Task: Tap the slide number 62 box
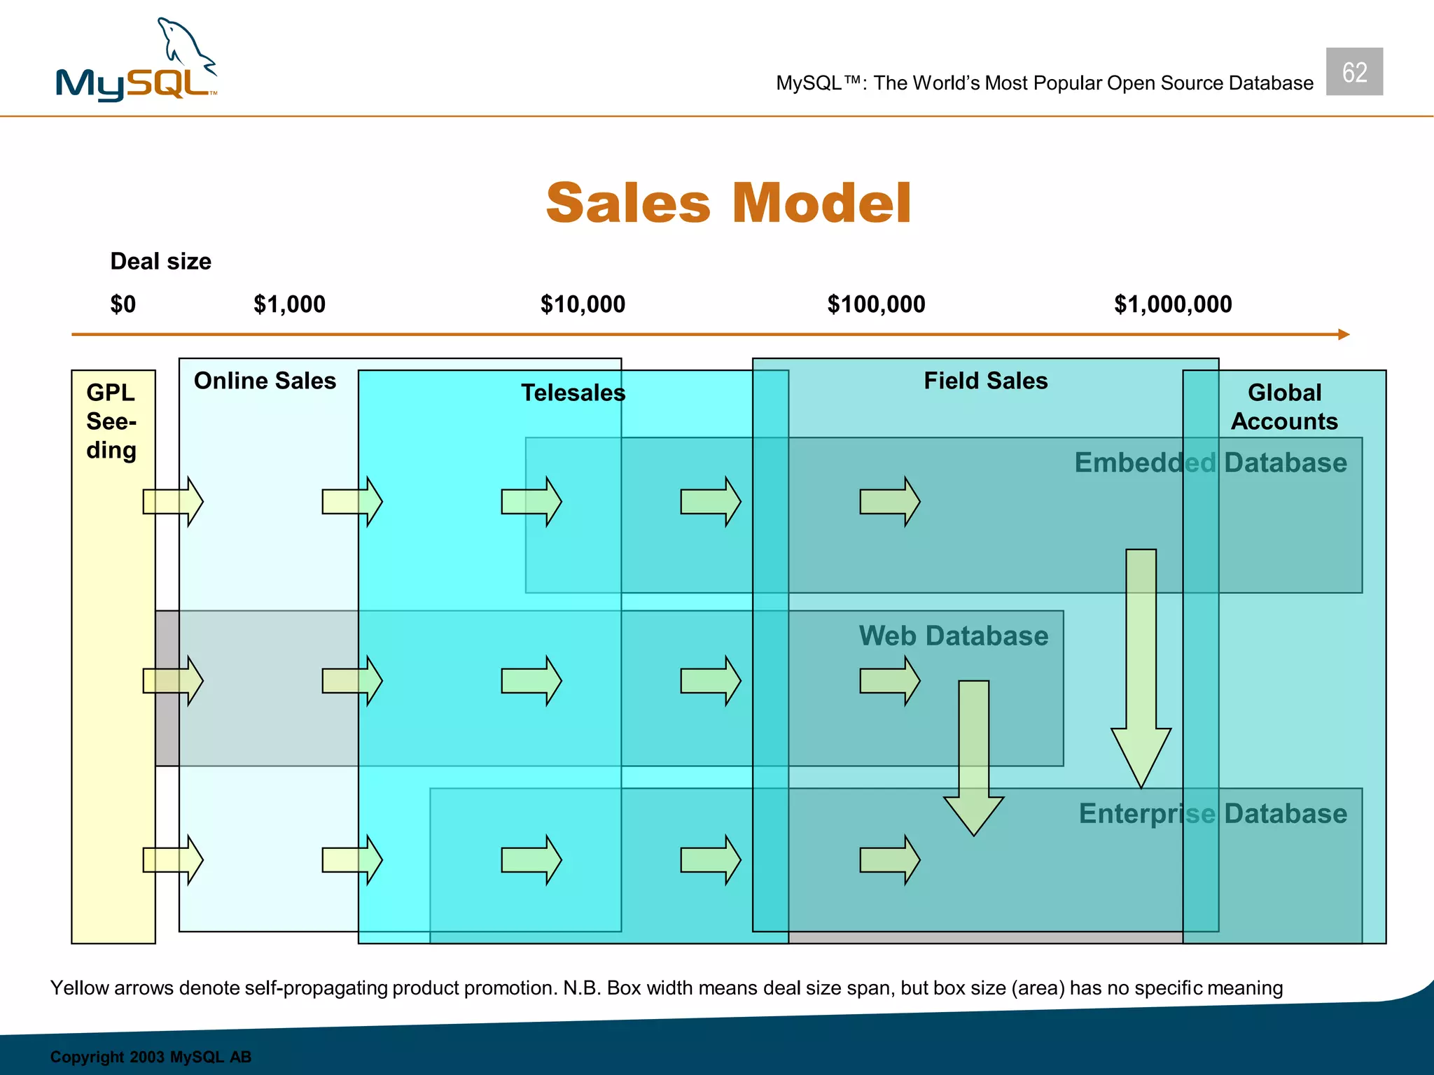point(1354,71)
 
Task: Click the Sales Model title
point(728,203)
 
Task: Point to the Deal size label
point(160,261)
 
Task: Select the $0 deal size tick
point(123,304)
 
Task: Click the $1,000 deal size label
point(289,304)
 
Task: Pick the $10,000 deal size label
point(583,304)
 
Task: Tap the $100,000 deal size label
point(876,304)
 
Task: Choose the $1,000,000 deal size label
point(1173,304)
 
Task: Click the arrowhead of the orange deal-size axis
point(1343,335)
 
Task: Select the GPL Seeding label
point(111,421)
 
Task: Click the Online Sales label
point(265,381)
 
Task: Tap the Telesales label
point(573,393)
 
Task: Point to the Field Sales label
point(985,381)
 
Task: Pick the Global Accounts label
point(1284,407)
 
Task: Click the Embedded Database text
point(1211,463)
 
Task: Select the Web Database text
point(954,635)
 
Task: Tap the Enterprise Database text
point(1213,813)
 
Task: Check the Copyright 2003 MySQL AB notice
point(151,1057)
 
